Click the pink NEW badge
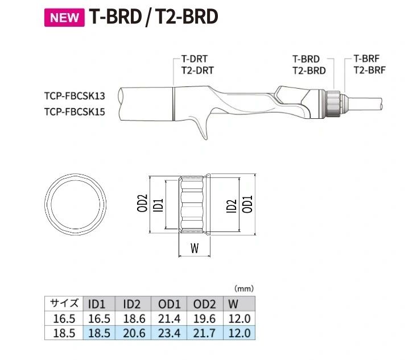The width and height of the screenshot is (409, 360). [x=64, y=17]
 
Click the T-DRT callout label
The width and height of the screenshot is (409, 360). [x=194, y=59]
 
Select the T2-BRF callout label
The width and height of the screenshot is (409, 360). [x=369, y=70]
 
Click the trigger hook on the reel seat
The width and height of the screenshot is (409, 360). [x=200, y=129]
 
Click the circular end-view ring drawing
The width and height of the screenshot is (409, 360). [x=76, y=204]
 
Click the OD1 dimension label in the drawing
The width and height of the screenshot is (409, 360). [x=247, y=204]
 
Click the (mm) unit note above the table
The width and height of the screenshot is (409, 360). [x=243, y=288]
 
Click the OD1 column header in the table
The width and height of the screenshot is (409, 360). [x=169, y=304]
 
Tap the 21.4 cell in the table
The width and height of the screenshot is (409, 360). [x=169, y=318]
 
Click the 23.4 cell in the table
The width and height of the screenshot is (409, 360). [x=169, y=333]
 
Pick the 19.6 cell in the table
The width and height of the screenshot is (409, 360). [x=204, y=318]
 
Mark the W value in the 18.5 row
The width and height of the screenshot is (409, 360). [x=238, y=333]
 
